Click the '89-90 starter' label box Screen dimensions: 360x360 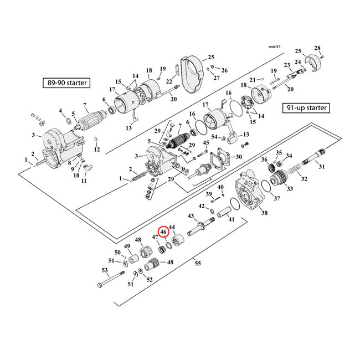[66, 83]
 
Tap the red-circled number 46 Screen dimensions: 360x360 [163, 232]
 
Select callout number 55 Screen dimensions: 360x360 [198, 264]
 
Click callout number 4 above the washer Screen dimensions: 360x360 [61, 111]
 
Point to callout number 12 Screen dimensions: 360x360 [97, 150]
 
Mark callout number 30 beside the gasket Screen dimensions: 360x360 [239, 157]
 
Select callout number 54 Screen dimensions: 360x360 [222, 137]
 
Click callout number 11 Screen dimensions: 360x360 [84, 181]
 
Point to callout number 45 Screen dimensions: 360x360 [206, 143]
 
